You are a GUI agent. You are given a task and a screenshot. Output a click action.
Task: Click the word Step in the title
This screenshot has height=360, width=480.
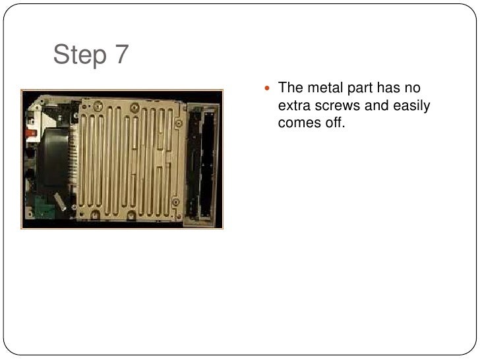coord(79,55)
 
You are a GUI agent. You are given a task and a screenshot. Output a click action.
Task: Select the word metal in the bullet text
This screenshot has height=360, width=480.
coord(320,88)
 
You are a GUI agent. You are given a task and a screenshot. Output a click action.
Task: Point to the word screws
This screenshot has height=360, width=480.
coord(336,105)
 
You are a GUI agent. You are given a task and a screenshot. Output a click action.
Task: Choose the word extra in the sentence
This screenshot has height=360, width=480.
coord(293,105)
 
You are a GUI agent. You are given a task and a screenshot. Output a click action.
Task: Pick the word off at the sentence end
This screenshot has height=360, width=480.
coord(336,122)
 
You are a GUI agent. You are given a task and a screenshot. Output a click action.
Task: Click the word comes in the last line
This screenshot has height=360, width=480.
coord(300,122)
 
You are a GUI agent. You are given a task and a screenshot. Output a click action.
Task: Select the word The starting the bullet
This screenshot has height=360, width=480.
coord(290,88)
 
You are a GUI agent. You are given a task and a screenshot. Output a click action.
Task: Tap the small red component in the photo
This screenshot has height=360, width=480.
coord(30,133)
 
